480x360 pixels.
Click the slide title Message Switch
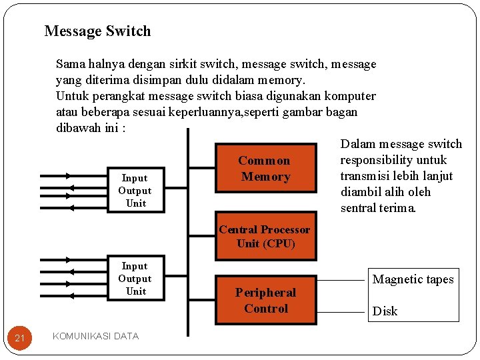pos(97,31)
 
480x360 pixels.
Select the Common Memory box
pos(265,169)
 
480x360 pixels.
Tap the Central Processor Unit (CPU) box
pos(265,237)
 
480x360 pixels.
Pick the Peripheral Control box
pos(265,301)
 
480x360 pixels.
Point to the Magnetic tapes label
pos(413,279)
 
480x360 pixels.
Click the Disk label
pos(385,311)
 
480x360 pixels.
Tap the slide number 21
pos(20,339)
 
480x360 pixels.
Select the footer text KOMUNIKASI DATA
pos(95,336)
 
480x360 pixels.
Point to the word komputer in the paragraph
pos(351,96)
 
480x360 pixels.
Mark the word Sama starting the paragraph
pos(70,65)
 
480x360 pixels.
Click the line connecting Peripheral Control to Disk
pos(340,311)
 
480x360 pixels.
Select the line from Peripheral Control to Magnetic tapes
pos(340,279)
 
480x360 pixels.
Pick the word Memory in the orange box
pos(265,177)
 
